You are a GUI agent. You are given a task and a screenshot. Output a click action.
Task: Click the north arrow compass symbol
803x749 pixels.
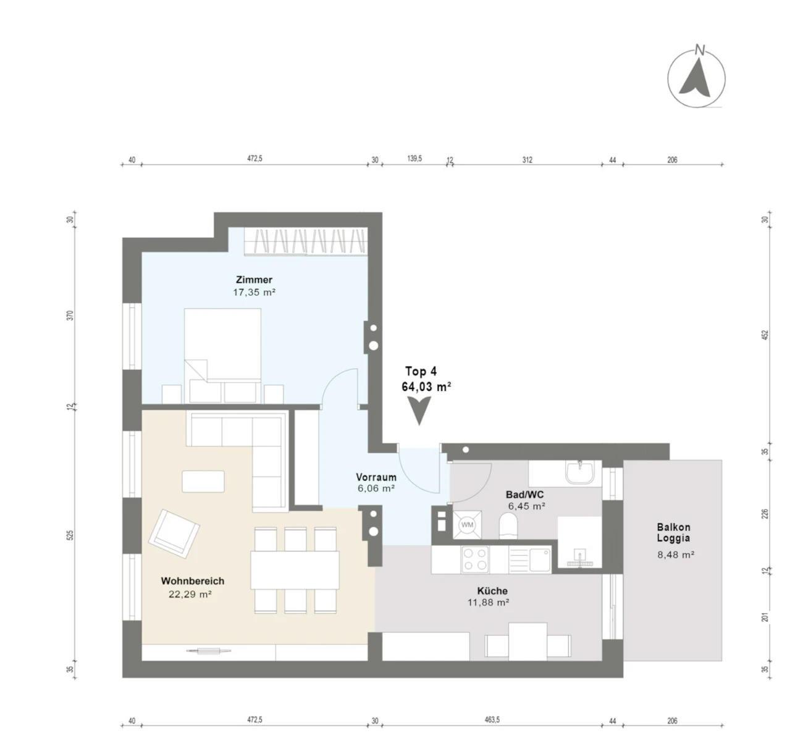coord(696,78)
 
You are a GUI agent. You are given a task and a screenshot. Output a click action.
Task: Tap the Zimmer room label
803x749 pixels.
coord(254,279)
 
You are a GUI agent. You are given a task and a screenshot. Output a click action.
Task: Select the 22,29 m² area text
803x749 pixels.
coord(190,594)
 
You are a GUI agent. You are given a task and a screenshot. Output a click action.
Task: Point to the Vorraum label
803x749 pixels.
coord(376,477)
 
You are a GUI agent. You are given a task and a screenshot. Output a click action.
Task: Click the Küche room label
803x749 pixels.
coord(492,591)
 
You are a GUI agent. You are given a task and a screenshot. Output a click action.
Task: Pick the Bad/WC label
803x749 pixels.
coord(525,495)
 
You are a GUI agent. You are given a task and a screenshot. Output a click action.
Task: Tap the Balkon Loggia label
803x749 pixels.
coord(673,532)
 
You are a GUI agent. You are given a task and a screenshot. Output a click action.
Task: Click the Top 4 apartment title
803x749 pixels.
coord(421,371)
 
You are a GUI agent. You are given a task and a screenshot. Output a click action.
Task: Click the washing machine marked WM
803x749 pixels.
coord(467,525)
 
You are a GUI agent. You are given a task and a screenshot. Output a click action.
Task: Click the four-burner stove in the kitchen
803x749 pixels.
coord(475,560)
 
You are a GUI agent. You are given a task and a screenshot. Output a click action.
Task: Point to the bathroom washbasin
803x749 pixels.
coord(580,472)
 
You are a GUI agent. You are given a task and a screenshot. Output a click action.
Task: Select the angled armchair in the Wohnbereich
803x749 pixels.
coord(174,534)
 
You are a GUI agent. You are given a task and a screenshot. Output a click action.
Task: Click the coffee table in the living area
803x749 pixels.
coord(203,482)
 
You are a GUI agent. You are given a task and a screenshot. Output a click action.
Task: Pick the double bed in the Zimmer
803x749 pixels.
coord(222,356)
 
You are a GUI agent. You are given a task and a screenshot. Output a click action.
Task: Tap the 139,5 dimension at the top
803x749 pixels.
coord(414,159)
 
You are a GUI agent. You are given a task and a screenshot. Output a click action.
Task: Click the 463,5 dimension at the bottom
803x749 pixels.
coord(492,720)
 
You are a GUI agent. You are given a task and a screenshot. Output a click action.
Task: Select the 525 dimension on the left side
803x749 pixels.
coord(70,535)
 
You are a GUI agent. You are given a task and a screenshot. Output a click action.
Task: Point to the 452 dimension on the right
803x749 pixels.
coord(764,335)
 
